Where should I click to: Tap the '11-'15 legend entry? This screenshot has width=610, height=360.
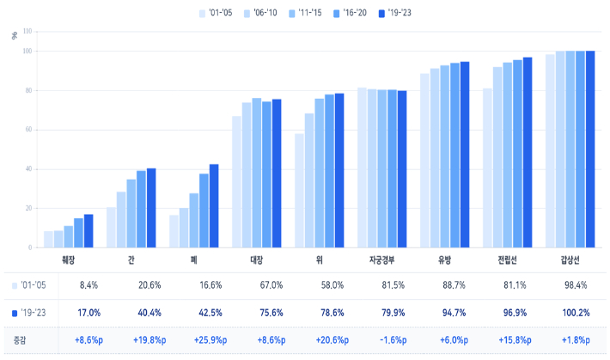[305, 13]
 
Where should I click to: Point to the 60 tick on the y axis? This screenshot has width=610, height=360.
[27, 130]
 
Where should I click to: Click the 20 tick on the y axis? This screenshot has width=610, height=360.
[27, 208]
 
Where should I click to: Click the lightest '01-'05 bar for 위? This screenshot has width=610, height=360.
[299, 191]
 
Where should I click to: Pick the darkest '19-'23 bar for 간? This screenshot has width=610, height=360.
[151, 208]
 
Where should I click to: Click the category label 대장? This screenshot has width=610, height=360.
[256, 259]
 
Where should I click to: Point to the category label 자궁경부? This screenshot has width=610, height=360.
[381, 259]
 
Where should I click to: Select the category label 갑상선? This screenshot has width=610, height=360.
[570, 259]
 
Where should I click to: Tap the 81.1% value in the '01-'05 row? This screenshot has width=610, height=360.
[507, 284]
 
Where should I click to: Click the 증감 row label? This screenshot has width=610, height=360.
[20, 340]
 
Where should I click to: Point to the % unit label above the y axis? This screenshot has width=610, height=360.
[14, 36]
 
